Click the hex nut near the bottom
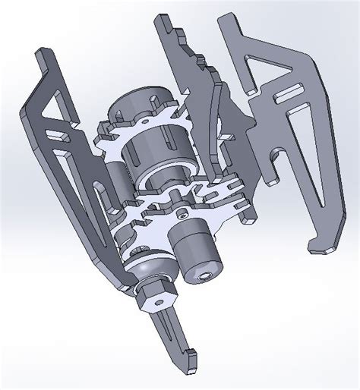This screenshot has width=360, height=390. [x=155, y=293]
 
